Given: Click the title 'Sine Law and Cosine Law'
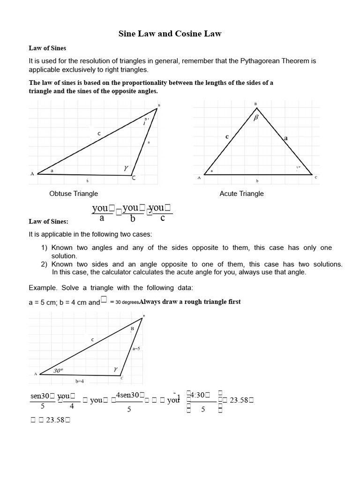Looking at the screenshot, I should (169, 34).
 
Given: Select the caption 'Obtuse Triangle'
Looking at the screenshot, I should (74, 194).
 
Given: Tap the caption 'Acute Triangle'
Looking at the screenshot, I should (241, 194).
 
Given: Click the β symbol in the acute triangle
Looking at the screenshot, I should (256, 118).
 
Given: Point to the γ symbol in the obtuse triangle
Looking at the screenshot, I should (126, 167).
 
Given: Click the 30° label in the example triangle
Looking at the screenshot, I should (58, 370).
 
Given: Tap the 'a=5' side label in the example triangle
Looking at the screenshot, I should (136, 348).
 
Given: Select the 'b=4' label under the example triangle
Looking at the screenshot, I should (80, 381).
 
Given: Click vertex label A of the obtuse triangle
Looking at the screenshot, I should (32, 174).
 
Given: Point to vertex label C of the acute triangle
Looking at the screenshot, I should (315, 178).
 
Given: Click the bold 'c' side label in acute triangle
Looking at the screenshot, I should (227, 136).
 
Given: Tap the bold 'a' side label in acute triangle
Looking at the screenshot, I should (285, 138).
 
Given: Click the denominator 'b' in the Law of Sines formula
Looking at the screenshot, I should (133, 218).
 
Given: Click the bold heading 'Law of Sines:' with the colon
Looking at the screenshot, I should (48, 222).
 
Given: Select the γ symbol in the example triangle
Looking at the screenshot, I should (115, 369).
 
